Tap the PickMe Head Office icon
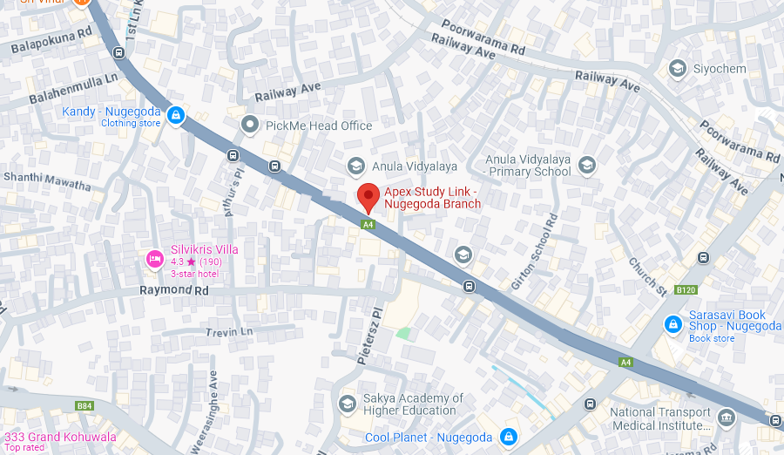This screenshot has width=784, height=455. coord(251,126)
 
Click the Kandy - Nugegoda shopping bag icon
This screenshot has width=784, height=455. coord(176,115)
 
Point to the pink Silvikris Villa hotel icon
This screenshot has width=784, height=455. coord(154,258)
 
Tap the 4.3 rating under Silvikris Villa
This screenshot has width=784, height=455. coord(178,261)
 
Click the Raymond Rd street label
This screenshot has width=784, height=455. coord(174,289)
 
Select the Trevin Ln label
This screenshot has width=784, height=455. coord(229,332)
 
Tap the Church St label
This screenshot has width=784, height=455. coord(647,275)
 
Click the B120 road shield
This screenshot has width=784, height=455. coord(686,289)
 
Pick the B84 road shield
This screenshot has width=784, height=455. coord(84,405)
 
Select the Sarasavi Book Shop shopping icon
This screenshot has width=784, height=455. coord(672,324)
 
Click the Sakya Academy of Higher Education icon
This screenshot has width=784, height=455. coord(348,403)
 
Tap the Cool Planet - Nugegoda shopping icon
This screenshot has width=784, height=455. coord(509,436)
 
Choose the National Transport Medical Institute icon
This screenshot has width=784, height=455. coord(726,418)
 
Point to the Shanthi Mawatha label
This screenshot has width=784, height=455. coord(47,181)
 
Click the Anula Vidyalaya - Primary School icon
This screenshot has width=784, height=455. coord(587,165)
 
